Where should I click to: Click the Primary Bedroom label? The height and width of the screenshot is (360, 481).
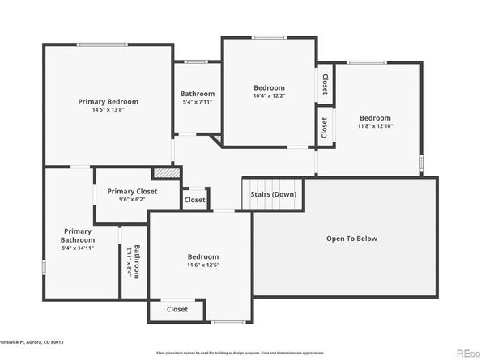click(x=108, y=101)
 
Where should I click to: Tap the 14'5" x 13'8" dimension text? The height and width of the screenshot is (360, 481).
click(x=108, y=110)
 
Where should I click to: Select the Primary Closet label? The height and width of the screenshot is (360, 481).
click(x=132, y=191)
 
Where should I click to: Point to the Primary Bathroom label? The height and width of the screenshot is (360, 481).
click(x=79, y=235)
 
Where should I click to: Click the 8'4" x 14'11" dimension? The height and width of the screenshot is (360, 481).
click(x=79, y=248)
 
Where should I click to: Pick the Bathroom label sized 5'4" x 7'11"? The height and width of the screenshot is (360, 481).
click(x=197, y=94)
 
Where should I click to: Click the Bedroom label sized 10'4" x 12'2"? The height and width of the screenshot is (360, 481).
click(x=269, y=87)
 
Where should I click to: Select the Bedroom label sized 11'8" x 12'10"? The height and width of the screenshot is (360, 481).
click(x=375, y=118)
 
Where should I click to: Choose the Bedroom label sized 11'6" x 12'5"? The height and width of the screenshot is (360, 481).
click(x=202, y=256)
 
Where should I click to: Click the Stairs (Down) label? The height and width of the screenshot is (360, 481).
click(x=272, y=194)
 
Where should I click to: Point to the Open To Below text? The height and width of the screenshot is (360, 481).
click(x=351, y=239)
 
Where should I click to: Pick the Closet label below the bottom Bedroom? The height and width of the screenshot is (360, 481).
click(x=177, y=309)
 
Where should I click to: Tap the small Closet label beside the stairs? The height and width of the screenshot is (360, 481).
click(x=194, y=199)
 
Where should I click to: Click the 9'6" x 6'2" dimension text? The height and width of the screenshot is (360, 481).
click(x=132, y=200)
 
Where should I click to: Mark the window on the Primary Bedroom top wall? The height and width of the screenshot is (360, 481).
click(x=102, y=44)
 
